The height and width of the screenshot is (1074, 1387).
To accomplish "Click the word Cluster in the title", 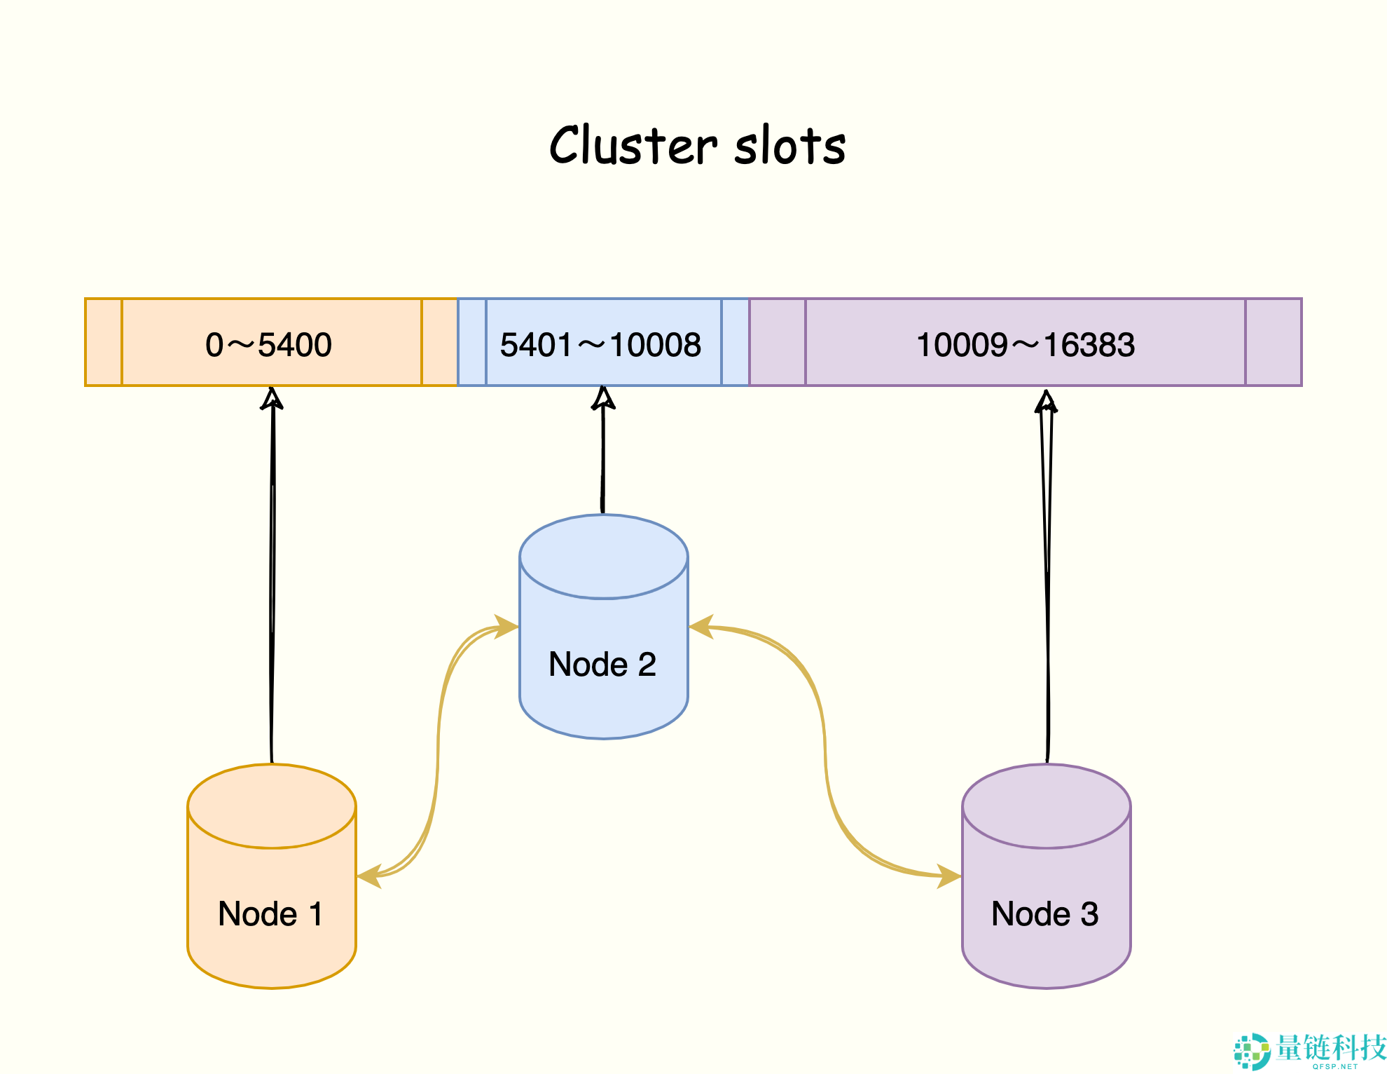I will pyautogui.click(x=633, y=146).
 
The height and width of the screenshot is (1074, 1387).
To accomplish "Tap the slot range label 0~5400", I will pyautogui.click(x=268, y=344).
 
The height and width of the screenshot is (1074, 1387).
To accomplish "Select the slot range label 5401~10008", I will pyautogui.click(x=600, y=344).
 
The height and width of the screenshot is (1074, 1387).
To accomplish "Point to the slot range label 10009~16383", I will pyautogui.click(x=1025, y=344).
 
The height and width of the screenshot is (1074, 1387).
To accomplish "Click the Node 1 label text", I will pyautogui.click(x=270, y=913).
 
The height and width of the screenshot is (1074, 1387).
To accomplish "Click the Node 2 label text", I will pyautogui.click(x=602, y=664).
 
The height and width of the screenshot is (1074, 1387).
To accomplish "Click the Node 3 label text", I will pyautogui.click(x=1044, y=913).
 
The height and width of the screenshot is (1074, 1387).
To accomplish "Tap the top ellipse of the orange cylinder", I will pyautogui.click(x=272, y=806).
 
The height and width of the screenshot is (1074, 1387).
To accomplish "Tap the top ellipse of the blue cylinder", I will pyautogui.click(x=603, y=557).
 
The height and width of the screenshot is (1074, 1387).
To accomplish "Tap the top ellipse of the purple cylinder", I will pyautogui.click(x=1046, y=806).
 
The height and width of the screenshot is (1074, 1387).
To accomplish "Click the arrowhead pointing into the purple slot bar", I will pyautogui.click(x=1046, y=402).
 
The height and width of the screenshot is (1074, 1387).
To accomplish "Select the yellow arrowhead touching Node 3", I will pyautogui.click(x=949, y=876).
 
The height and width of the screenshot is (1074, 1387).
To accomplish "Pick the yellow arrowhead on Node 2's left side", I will pyautogui.click(x=506, y=626).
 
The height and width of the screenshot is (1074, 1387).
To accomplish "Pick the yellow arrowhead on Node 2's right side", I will pyautogui.click(x=701, y=627).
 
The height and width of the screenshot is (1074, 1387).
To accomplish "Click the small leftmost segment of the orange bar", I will pyautogui.click(x=104, y=342).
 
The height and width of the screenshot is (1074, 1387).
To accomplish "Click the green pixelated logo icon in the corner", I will pyautogui.click(x=1251, y=1051).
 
